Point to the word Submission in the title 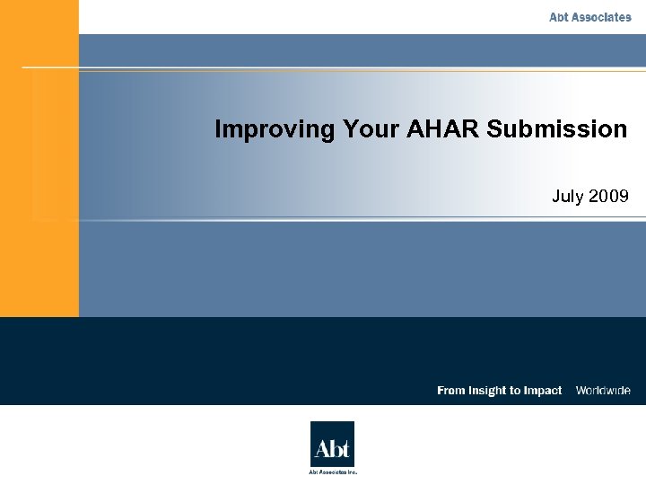[557, 129]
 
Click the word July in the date [567, 196]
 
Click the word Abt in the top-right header [560, 17]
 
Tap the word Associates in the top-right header [602, 17]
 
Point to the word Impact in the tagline [542, 391]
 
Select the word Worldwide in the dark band [603, 391]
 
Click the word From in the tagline [451, 391]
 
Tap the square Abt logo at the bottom [332, 444]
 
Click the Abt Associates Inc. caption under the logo [333, 472]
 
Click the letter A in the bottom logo [320, 447]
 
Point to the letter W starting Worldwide [581, 391]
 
